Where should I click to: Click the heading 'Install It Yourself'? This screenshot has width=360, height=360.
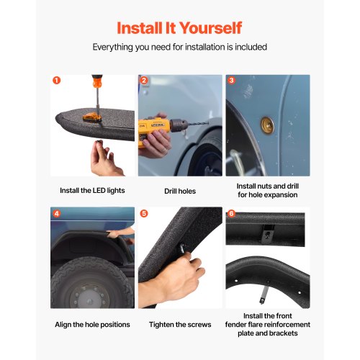179,28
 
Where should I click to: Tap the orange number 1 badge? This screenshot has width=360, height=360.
56,80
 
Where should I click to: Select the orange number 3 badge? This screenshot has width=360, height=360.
231,80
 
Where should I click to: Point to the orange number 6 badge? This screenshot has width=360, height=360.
231,213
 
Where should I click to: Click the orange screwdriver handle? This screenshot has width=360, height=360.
97,81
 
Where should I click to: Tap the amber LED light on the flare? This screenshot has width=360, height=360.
92,117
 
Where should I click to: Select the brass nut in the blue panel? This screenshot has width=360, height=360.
268,125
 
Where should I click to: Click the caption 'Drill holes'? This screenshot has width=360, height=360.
180,192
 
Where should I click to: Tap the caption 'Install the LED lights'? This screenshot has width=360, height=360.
92,191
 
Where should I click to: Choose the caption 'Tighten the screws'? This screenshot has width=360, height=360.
180,325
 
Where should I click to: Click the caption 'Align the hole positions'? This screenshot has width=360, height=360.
92,325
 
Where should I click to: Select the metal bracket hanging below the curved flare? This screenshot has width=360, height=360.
264,293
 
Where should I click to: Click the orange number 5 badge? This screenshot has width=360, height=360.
144,213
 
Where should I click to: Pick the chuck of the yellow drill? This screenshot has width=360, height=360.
179,125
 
